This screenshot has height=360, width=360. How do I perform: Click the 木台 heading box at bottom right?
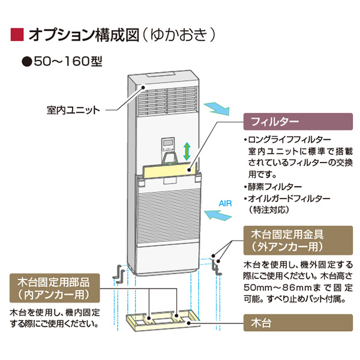click(297, 322)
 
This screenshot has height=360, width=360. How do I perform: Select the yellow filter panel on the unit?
click(174, 170)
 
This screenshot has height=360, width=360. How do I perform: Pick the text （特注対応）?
click(270, 211)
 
